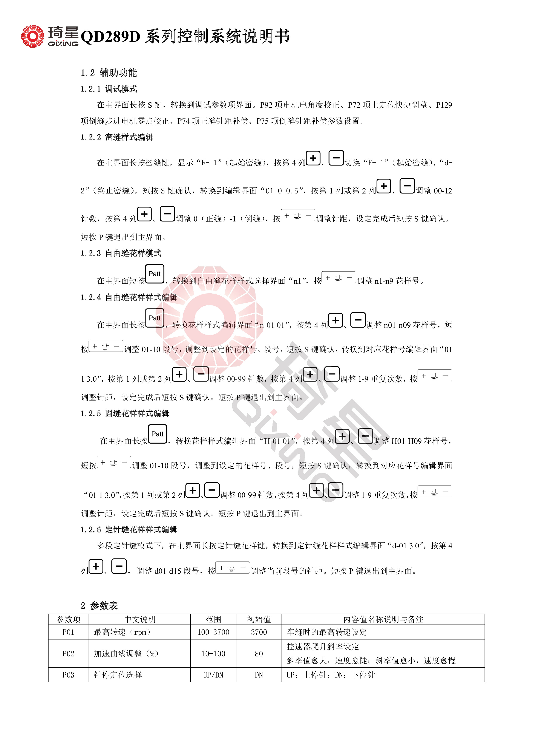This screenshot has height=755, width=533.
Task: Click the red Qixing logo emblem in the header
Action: click(x=32, y=36)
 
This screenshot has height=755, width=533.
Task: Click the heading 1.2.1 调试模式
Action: click(x=109, y=89)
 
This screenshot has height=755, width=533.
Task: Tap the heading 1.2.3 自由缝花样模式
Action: click(x=121, y=253)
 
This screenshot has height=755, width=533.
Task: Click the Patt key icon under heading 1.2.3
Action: click(x=154, y=274)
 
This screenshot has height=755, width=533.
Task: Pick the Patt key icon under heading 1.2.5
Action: click(x=157, y=434)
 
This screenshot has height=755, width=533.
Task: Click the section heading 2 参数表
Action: click(x=99, y=605)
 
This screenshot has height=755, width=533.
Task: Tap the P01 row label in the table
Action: click(x=68, y=632)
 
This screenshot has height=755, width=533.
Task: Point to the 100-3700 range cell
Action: click(x=213, y=632)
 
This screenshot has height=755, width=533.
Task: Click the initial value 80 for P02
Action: click(x=259, y=653)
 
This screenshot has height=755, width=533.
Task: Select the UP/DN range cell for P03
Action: click(x=213, y=675)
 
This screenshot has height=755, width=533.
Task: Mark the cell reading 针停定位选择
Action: click(x=118, y=675)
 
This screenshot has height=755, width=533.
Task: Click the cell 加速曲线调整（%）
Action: click(x=126, y=653)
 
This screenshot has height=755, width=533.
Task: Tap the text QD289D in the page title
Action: click(x=110, y=37)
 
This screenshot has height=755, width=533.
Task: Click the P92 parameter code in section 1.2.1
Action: click(x=267, y=105)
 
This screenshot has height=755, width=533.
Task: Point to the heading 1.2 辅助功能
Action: click(x=109, y=73)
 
